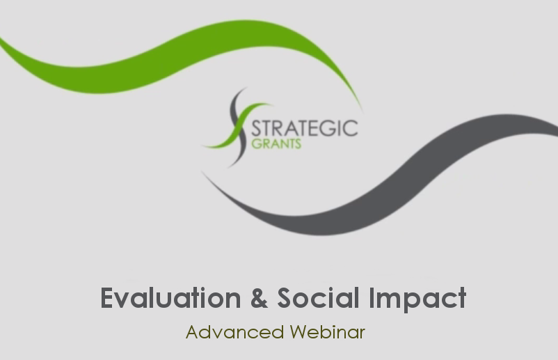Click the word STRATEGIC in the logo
pos(305,128)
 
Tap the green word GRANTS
pos(276,143)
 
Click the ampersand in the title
pos(259,298)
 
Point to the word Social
pos(318,298)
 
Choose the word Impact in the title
pos(417,299)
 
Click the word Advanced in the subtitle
pos(235,332)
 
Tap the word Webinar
pos(328,332)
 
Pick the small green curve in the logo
pos(237,125)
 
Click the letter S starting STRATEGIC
pos(256,129)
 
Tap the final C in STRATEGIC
pos(351,128)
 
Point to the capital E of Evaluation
pos(107,298)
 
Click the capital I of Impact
pos(372,298)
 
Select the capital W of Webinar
pos(299,332)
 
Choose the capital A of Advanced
pos(193,332)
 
